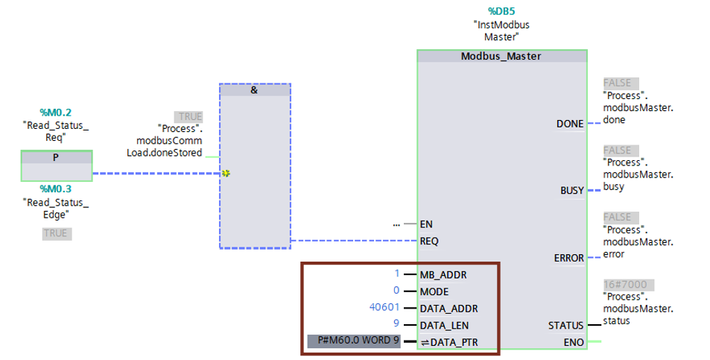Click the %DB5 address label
pyautogui.click(x=501, y=11)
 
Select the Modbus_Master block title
pyautogui.click(x=501, y=56)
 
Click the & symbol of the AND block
pyautogui.click(x=254, y=90)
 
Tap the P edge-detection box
pyautogui.click(x=57, y=165)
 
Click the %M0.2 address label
pyautogui.click(x=56, y=113)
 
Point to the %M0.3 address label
pyautogui.click(x=56, y=189)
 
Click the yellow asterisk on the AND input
pyautogui.click(x=226, y=174)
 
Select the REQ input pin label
pyautogui.click(x=429, y=241)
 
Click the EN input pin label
pyautogui.click(x=426, y=224)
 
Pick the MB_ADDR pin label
pyautogui.click(x=443, y=275)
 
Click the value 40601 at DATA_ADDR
pyautogui.click(x=384, y=308)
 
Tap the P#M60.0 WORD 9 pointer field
pyautogui.click(x=354, y=341)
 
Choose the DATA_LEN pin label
pyautogui.click(x=444, y=326)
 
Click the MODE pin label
pyautogui.click(x=434, y=291)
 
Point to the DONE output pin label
pyautogui.click(x=570, y=124)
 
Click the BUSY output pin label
pyautogui.click(x=572, y=191)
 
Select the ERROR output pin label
pyautogui.click(x=568, y=258)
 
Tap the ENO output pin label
pyautogui.click(x=574, y=343)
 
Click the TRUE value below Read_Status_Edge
pyautogui.click(x=57, y=233)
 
